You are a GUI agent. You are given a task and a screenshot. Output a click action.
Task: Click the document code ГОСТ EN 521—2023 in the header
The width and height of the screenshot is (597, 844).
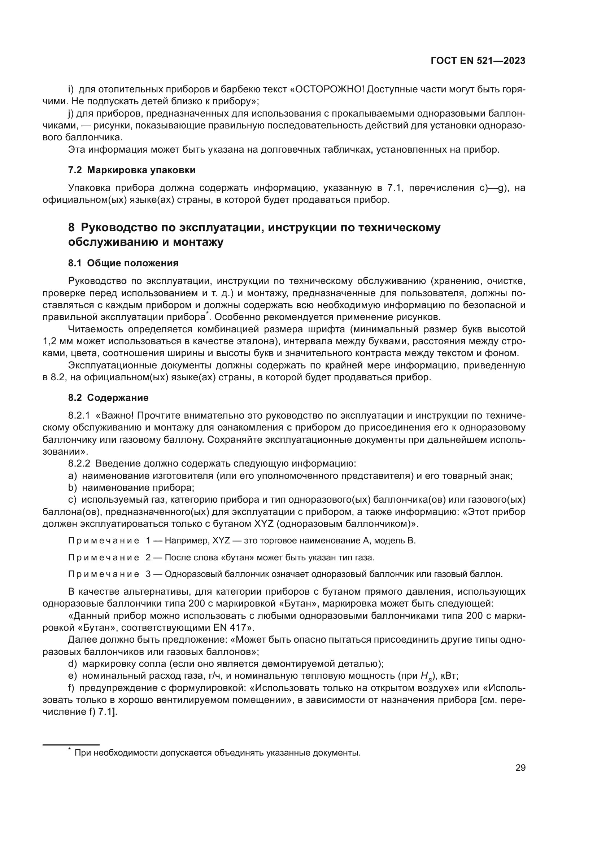pos(478,61)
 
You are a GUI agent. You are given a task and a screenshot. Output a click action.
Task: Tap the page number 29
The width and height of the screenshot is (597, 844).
pos(520,768)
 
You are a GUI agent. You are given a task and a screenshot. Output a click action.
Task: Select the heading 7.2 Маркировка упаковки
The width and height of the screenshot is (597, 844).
pos(132,170)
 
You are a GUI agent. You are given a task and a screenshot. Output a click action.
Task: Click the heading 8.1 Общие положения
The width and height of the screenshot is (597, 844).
pos(123,263)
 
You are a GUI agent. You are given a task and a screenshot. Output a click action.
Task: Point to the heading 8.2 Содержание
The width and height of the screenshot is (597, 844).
pos(108,398)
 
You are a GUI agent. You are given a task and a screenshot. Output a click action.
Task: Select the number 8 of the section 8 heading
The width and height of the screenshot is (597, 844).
pos(71,228)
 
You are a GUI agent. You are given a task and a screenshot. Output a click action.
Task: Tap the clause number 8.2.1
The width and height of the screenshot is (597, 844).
pos(79,416)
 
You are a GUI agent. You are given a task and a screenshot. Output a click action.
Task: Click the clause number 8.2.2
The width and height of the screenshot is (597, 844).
pos(79,464)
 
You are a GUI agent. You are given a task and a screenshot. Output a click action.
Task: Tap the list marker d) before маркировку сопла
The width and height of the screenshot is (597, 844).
pos(73,664)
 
